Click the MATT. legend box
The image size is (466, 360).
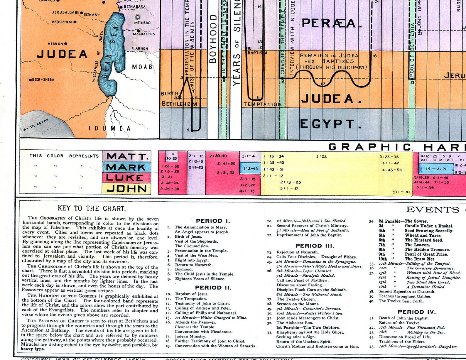[127, 156]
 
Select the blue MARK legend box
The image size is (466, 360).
[127, 167]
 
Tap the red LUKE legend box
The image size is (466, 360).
[127, 178]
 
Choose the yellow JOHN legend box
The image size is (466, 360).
[127, 189]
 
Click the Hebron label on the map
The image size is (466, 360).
[55, 44]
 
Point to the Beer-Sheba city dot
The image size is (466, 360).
[30, 80]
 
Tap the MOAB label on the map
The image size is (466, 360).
[142, 67]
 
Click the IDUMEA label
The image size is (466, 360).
[110, 129]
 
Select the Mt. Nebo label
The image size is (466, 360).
[142, 23]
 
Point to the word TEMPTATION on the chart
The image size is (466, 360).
[262, 104]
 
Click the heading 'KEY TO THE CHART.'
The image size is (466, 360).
[92, 209]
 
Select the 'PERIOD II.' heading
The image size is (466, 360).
[213, 288]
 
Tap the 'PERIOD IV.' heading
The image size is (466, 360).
[417, 312]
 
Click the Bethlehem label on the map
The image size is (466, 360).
[62, 22]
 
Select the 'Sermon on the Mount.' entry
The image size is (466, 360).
[298, 304]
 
